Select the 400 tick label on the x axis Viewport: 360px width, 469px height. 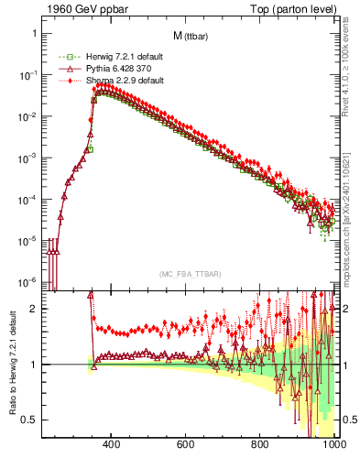[x=112, y=445]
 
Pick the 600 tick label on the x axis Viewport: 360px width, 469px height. [x=186, y=445]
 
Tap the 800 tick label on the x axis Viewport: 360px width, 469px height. [x=260, y=445]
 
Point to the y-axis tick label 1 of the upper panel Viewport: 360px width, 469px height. [x=33, y=34]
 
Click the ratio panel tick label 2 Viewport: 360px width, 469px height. [x=33, y=309]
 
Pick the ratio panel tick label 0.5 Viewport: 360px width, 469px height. [x=29, y=420]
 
